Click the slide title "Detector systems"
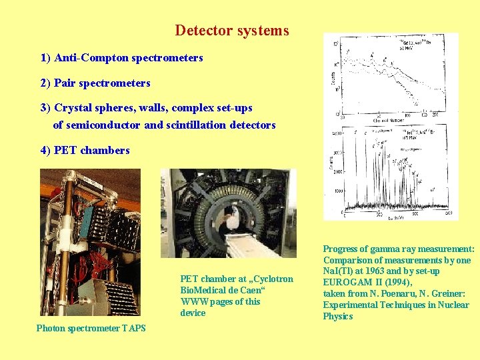click(x=232, y=31)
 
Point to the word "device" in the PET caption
click(x=193, y=313)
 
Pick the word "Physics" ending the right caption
click(x=338, y=316)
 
